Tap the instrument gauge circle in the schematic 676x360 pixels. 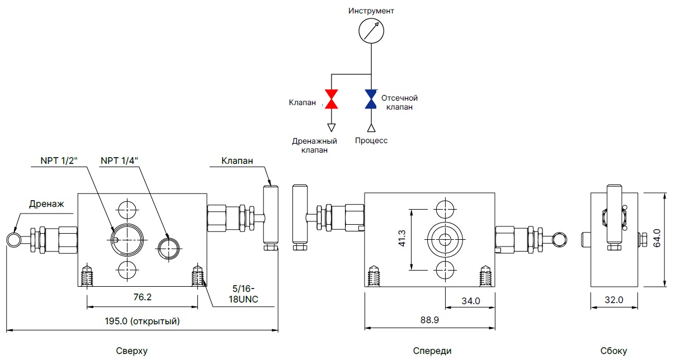372,30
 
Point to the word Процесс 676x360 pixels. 371,140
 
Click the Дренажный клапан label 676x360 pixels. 314,145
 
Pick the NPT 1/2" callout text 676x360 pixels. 59,160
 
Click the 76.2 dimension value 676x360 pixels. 142,297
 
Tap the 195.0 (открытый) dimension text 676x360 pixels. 142,321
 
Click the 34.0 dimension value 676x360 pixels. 470,301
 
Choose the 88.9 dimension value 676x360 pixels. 429,321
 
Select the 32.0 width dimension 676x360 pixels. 613,300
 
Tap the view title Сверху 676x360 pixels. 132,351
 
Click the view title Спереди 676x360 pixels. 432,351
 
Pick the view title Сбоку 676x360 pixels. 614,351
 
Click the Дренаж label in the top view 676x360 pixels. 47,204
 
